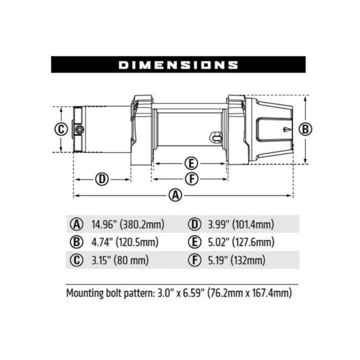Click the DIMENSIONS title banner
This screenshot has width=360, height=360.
click(x=179, y=65)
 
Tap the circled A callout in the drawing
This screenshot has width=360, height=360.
click(x=176, y=196)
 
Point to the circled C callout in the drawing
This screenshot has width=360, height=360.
click(x=61, y=129)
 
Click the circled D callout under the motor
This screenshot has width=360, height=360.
click(x=102, y=179)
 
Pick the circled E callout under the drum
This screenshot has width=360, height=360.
click(x=190, y=164)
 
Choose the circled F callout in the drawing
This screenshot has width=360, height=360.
click(x=190, y=179)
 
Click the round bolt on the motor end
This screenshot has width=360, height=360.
click(x=79, y=129)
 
